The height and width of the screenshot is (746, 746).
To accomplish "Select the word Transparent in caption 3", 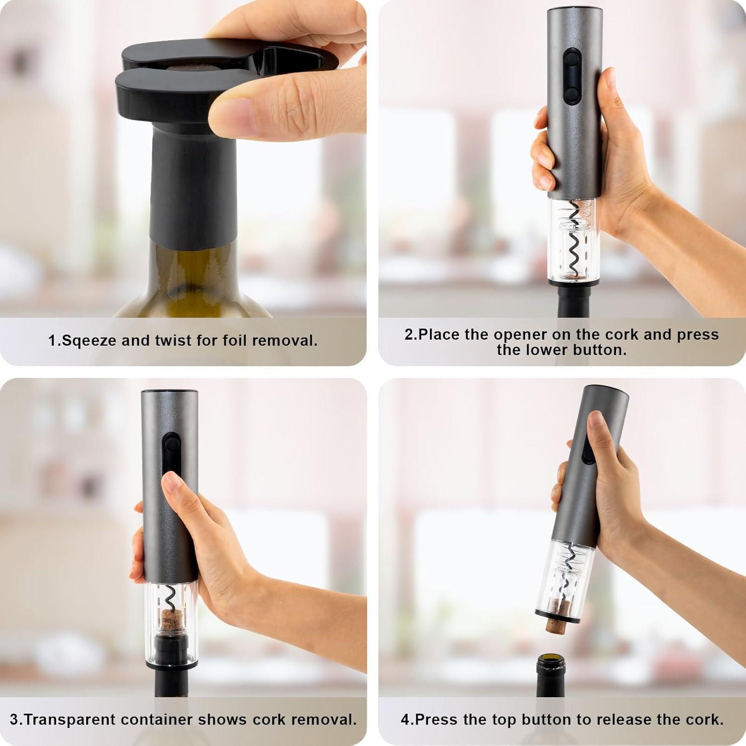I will point(69,720).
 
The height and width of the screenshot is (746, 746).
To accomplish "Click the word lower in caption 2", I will point(545,350).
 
